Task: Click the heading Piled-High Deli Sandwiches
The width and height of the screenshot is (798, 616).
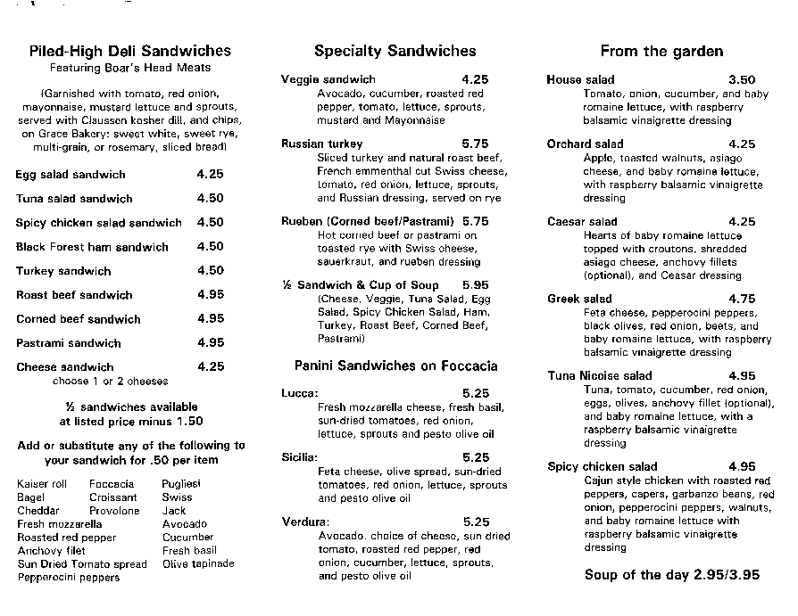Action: (x=129, y=51)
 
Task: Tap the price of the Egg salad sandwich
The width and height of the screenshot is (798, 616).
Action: (x=210, y=175)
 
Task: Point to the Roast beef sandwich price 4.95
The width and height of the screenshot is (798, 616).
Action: (x=210, y=295)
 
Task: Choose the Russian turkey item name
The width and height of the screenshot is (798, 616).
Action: (x=321, y=144)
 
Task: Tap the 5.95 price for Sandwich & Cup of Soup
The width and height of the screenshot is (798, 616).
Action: (x=474, y=284)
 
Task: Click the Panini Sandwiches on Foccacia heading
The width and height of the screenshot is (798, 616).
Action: (x=395, y=365)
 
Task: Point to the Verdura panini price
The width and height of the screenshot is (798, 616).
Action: (x=476, y=522)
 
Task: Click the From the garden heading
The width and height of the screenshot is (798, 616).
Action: (x=661, y=52)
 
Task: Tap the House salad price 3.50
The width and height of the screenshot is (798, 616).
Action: (x=741, y=80)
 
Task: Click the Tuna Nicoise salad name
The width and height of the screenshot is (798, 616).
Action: (x=599, y=376)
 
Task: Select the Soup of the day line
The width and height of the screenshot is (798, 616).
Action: (x=672, y=575)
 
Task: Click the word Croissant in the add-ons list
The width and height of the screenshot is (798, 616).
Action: (x=113, y=497)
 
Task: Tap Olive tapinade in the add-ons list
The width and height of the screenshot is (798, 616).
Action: (x=198, y=563)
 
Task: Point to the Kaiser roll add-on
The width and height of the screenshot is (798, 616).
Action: (x=42, y=484)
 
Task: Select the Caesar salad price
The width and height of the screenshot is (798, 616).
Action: (x=741, y=222)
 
